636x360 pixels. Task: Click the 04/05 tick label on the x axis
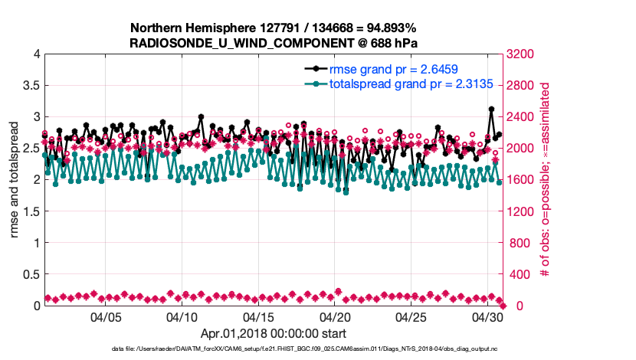107,316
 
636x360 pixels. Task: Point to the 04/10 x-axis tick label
182,316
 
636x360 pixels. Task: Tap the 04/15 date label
258,316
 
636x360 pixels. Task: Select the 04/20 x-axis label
335,316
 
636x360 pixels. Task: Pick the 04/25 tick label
411,316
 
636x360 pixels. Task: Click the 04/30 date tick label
487,316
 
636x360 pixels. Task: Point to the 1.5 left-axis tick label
30,211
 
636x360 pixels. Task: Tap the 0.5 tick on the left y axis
30,274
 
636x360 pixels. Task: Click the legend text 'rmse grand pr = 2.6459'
389,69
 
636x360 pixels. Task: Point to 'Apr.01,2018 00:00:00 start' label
273,334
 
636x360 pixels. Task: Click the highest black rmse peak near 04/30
491,110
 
